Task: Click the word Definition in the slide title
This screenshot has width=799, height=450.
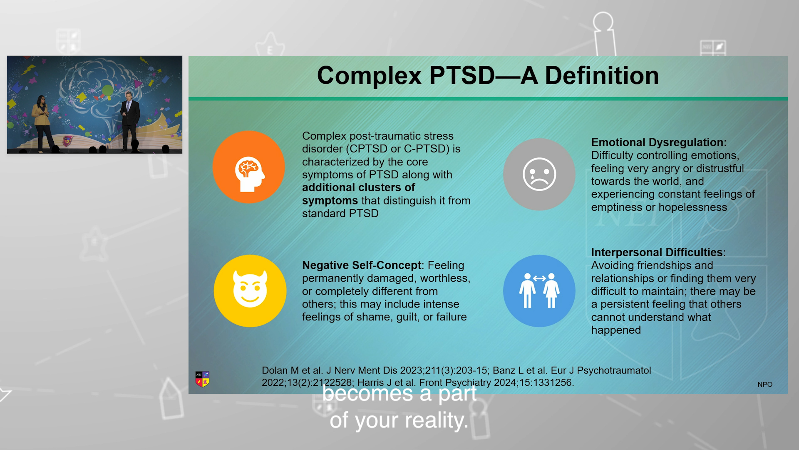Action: coord(602,76)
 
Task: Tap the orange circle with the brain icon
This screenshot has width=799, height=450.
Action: coord(249,167)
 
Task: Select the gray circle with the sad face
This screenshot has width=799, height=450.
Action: coord(539,174)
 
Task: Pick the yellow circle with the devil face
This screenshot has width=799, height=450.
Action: coord(250,291)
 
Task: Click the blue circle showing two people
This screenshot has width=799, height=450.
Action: coord(539,291)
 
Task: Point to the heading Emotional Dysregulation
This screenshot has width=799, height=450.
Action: coord(659,142)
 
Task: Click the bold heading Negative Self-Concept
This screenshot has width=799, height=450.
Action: coord(362,265)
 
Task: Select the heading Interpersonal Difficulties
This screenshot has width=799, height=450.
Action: coord(657,252)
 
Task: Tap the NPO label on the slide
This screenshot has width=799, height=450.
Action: coord(765,385)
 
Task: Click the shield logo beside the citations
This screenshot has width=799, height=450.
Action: coord(203,379)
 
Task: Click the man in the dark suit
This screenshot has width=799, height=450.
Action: coord(130,121)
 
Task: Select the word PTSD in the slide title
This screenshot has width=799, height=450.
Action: coord(462,76)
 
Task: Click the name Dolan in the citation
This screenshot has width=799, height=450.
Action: coord(275,370)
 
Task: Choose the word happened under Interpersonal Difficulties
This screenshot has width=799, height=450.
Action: coord(616,330)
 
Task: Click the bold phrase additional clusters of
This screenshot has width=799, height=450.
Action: coord(359,187)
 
